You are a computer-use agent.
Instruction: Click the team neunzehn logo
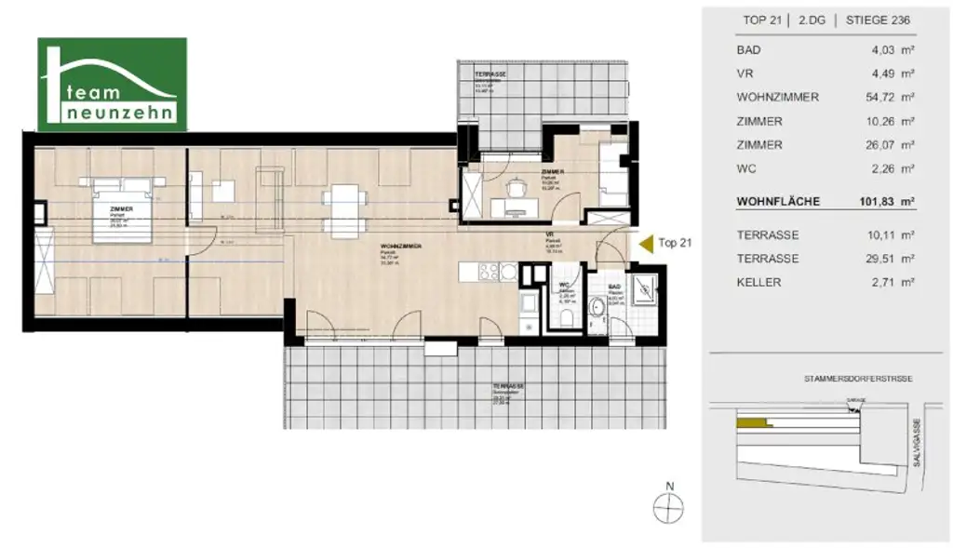tap(112, 84)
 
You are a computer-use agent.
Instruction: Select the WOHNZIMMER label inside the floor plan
tap(402, 247)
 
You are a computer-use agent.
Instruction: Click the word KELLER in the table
tap(758, 282)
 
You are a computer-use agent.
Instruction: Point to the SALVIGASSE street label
tap(918, 443)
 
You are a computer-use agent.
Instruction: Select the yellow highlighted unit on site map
tap(752, 422)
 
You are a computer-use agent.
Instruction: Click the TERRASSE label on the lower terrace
tap(509, 385)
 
